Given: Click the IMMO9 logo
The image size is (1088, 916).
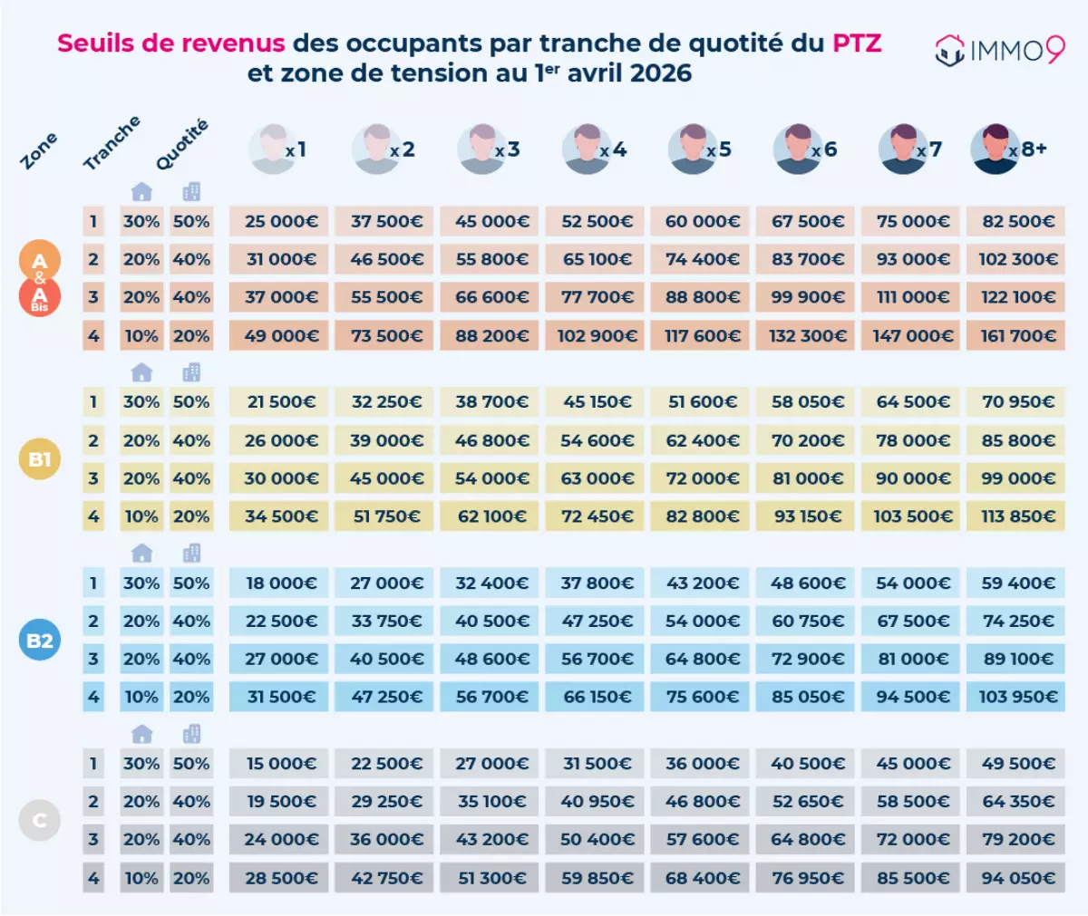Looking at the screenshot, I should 999,50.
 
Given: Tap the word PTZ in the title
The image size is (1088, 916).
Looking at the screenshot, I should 856,43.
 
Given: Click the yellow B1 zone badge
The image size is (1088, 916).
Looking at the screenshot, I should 40,459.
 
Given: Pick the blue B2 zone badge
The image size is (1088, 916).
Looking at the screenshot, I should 40,641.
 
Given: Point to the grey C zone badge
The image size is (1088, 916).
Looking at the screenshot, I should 40,821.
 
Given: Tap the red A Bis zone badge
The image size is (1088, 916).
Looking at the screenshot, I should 40,297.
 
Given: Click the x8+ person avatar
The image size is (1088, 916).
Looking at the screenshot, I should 995,149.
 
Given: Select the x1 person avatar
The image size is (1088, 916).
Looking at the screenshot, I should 272,149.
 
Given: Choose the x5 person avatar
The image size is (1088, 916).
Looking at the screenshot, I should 693,149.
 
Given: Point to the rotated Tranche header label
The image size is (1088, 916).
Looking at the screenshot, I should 112,143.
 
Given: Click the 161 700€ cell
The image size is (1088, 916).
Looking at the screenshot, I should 1017,336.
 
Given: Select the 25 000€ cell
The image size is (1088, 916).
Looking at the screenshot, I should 280,221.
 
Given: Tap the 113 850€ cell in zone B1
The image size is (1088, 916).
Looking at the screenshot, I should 1017,516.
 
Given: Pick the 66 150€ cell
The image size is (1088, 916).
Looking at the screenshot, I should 596,697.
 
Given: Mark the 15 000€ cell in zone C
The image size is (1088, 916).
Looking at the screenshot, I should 280,764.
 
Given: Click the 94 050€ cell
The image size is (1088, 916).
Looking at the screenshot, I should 1017,878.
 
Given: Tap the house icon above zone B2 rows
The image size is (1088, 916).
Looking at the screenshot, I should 141,554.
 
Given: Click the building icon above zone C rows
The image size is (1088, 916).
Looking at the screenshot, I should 191,734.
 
